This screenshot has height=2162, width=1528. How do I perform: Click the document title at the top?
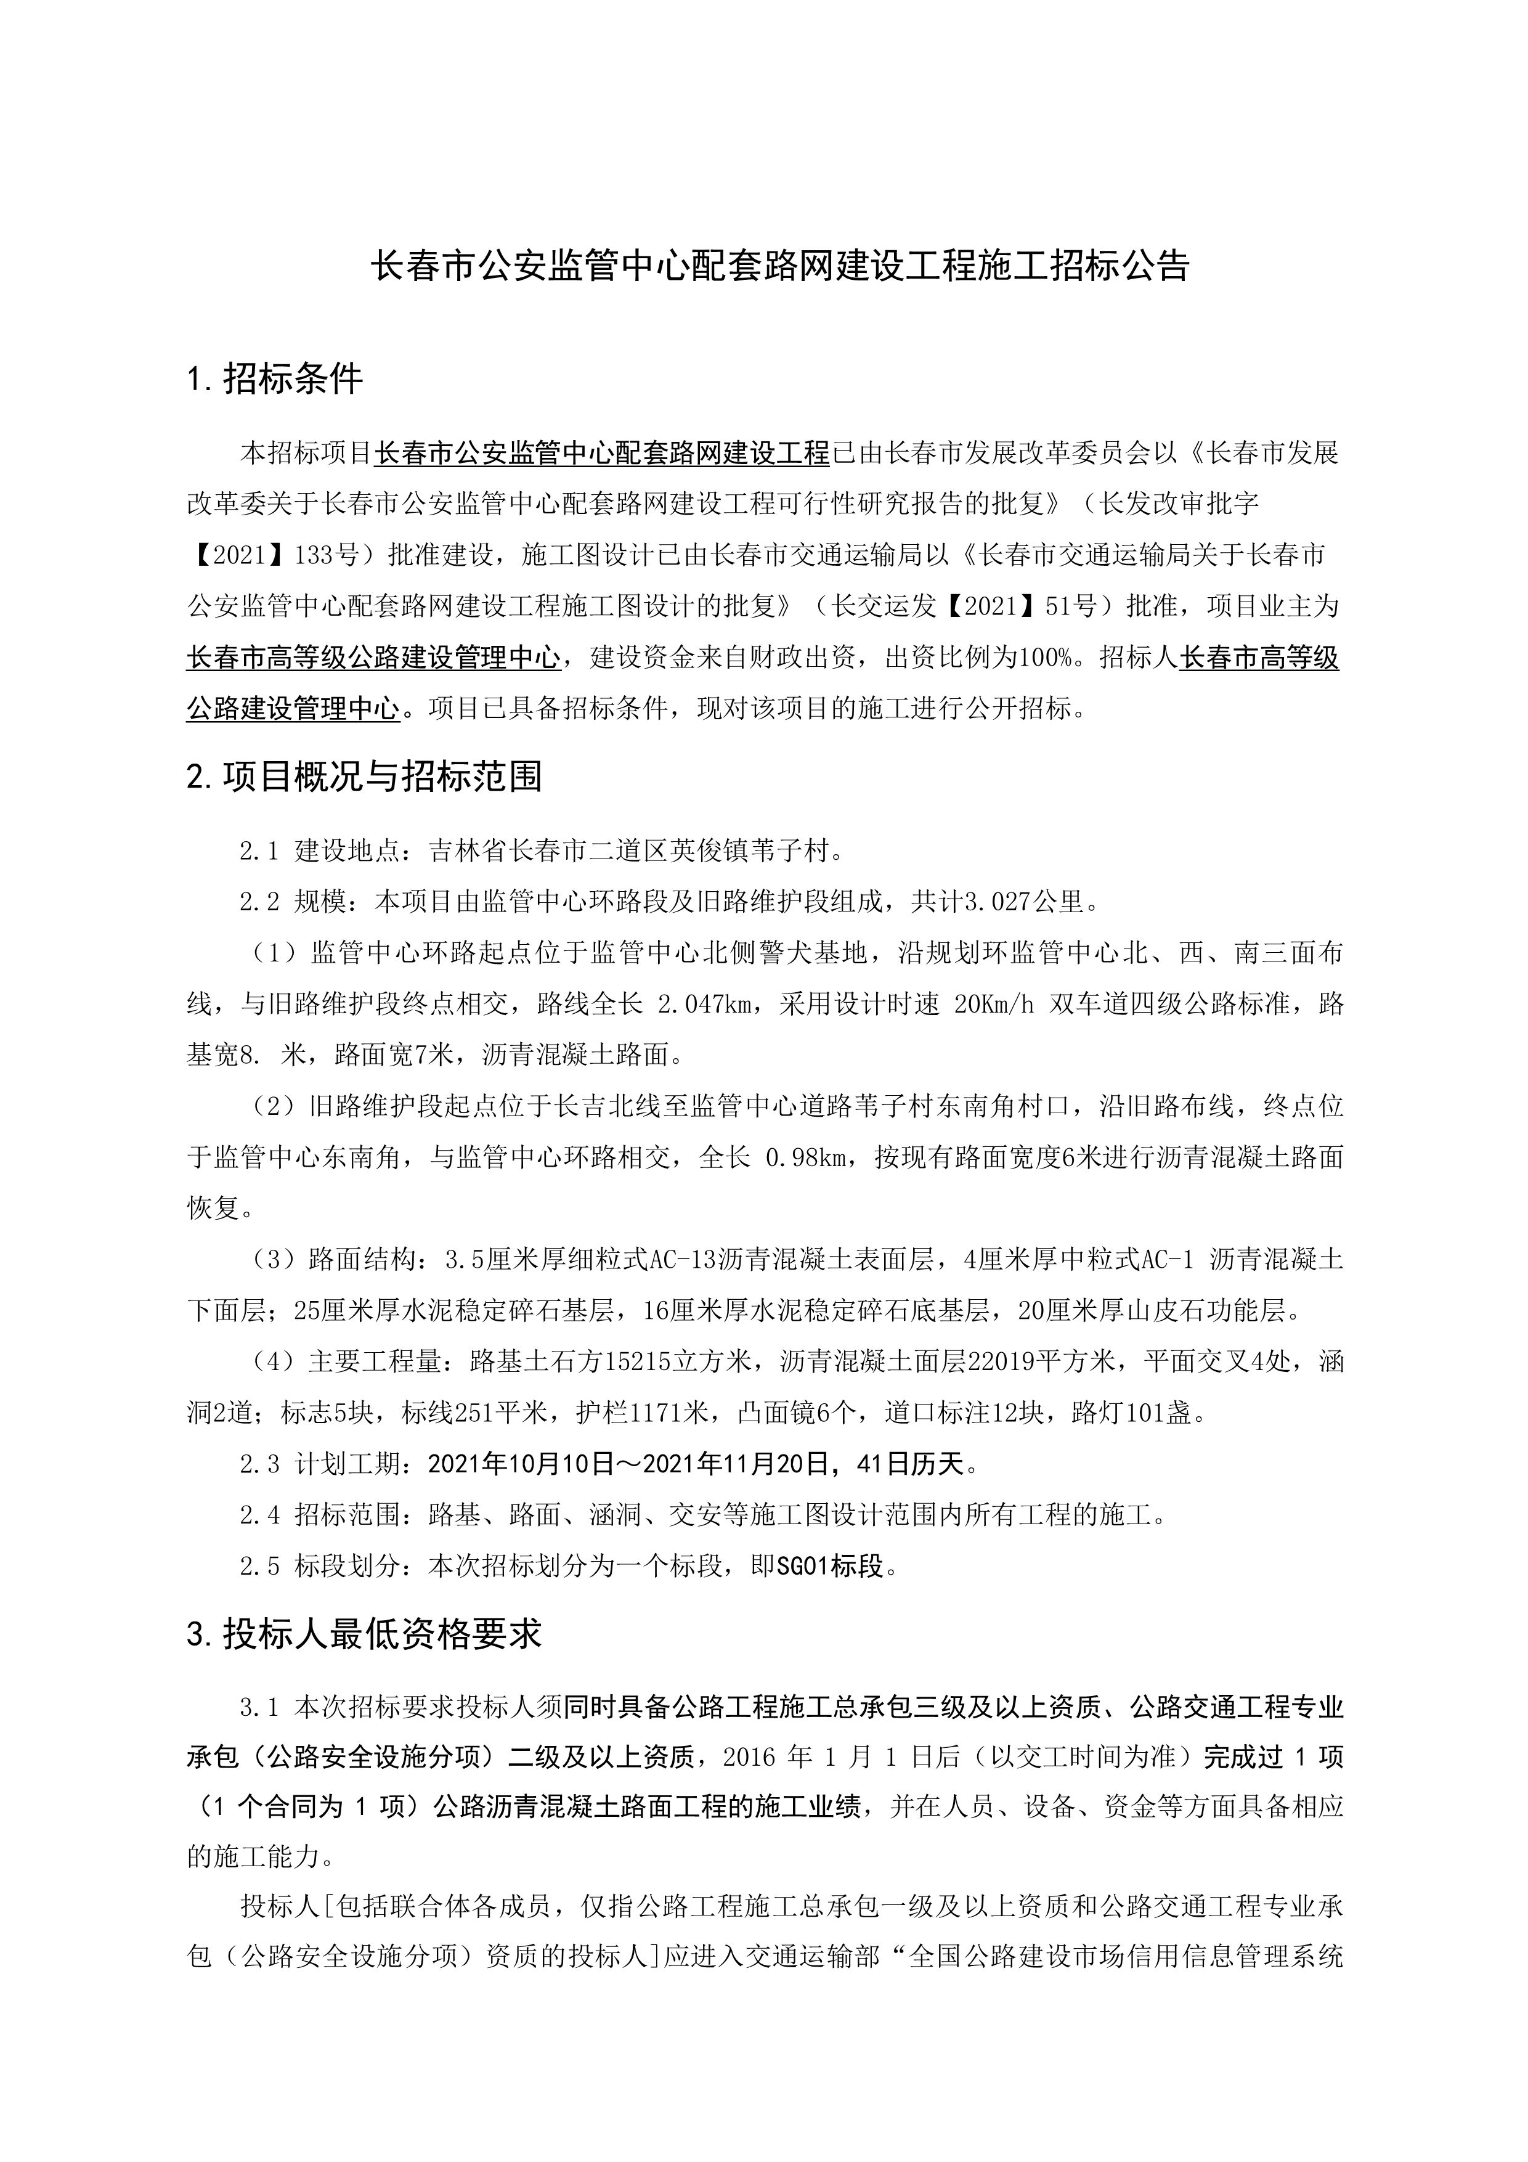[x=779, y=266]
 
